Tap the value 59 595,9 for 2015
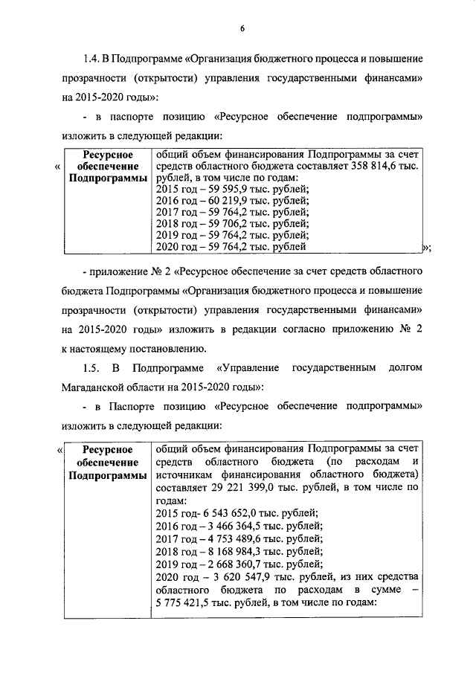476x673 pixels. [x=222, y=190]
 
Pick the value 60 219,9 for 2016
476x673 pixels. [x=222, y=202]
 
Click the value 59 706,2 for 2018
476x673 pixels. [x=222, y=225]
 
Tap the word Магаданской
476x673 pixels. [x=94, y=387]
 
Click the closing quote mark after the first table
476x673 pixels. [x=425, y=248]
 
